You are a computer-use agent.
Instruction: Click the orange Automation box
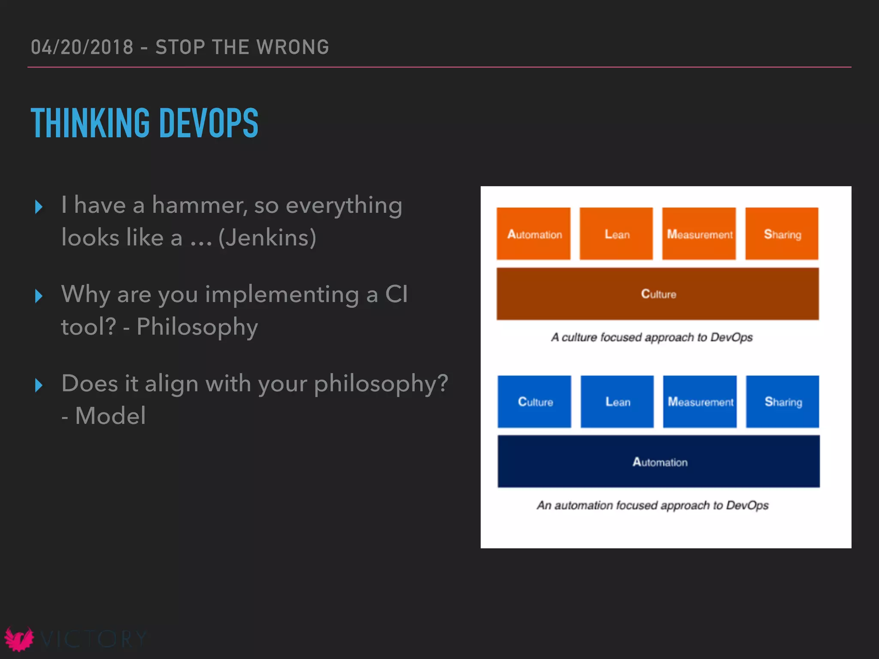tap(533, 234)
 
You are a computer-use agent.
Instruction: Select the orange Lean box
tap(616, 234)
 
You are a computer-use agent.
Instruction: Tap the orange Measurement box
tap(699, 234)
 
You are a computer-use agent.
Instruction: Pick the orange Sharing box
tap(782, 234)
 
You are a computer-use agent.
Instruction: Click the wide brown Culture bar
tap(658, 294)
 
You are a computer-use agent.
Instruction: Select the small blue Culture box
tap(534, 402)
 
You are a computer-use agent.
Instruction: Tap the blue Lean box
tap(617, 402)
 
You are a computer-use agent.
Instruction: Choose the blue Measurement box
tap(700, 402)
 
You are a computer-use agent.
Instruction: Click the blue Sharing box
tap(782, 402)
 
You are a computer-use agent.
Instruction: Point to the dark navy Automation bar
tap(658, 462)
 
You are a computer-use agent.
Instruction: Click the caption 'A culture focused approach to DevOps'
tap(652, 337)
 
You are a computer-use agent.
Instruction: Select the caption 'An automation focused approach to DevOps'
tap(652, 505)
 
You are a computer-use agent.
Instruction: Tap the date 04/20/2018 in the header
tap(82, 47)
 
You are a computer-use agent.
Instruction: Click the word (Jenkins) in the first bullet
tap(267, 238)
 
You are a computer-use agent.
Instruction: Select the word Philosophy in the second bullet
tap(197, 327)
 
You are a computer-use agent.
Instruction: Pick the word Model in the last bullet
tap(110, 416)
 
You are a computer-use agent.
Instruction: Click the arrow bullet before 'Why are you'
tap(39, 296)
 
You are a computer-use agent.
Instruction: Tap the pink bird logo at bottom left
tap(19, 639)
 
